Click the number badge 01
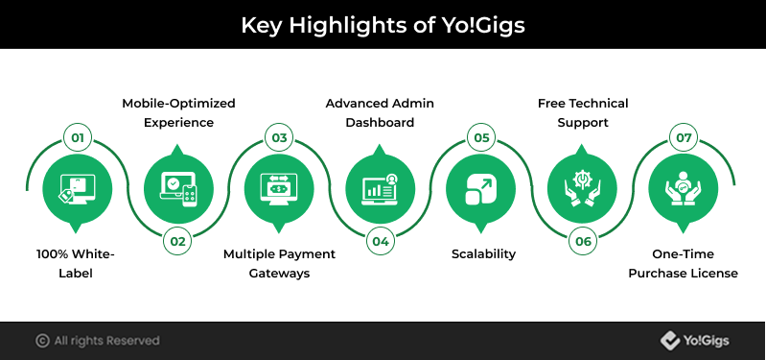click(78, 137)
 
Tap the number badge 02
click(178, 241)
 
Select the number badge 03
click(279, 137)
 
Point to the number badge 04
click(381, 241)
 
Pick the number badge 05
click(481, 137)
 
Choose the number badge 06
click(583, 241)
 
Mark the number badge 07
click(684, 137)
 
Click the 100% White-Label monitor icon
click(77, 189)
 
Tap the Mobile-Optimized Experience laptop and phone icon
click(178, 189)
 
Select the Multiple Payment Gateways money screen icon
click(279, 189)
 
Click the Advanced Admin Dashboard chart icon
click(381, 189)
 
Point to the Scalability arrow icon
click(481, 189)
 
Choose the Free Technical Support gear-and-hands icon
click(582, 189)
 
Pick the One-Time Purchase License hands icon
click(684, 189)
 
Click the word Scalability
click(483, 254)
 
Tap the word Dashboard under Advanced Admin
click(380, 122)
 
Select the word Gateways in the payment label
click(279, 274)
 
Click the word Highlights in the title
click(347, 25)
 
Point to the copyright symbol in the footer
click(42, 341)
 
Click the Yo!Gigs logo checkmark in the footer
click(670, 341)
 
